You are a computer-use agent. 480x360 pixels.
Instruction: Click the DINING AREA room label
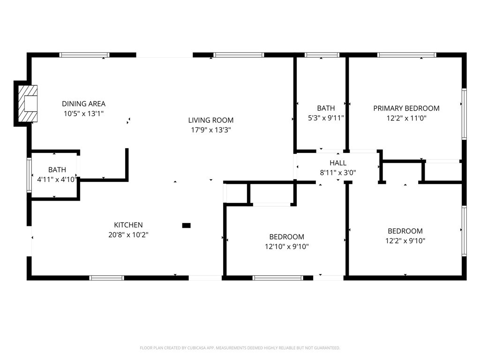point(83,104)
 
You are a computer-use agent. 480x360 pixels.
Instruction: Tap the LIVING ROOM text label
point(210,120)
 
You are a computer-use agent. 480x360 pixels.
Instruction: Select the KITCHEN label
point(128,225)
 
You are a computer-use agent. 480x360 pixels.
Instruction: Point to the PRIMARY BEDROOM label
point(406,108)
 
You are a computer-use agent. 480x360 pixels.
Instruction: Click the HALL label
point(338,163)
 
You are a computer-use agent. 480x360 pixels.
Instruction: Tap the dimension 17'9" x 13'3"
point(211,130)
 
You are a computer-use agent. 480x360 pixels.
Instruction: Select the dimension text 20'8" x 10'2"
point(128,235)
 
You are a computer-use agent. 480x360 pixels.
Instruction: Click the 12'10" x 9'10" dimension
point(286,247)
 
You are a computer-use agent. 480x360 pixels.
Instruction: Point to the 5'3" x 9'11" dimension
point(326,118)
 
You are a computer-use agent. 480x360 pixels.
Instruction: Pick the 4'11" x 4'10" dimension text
point(56,180)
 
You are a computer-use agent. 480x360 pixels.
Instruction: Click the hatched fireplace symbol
point(28,104)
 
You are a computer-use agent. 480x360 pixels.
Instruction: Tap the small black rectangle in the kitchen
point(187,225)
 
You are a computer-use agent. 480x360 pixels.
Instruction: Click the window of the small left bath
point(30,175)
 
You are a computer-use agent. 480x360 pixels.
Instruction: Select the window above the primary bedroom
point(407,55)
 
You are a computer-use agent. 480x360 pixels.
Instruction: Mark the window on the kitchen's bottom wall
point(107,278)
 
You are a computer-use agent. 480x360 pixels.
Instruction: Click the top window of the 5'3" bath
point(322,55)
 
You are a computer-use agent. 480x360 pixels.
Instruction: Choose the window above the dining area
point(84,55)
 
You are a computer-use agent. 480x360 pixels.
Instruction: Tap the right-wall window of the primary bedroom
point(464,114)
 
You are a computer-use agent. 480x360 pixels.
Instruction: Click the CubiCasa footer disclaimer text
point(240,348)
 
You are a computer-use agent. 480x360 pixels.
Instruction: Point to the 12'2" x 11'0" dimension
point(406,118)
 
